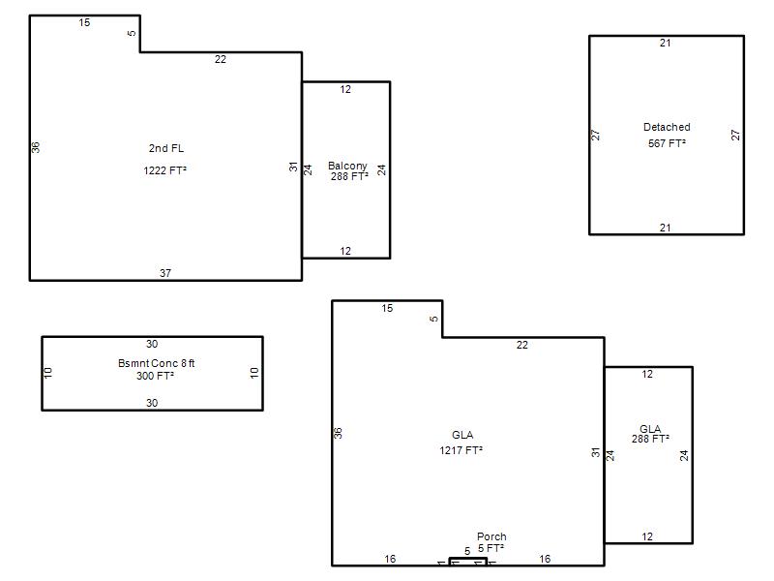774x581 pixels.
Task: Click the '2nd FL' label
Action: click(x=165, y=148)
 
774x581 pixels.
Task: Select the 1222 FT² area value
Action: click(x=164, y=170)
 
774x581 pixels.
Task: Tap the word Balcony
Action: click(x=347, y=166)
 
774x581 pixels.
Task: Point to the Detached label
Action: click(x=667, y=127)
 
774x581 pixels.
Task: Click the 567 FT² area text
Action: click(x=667, y=143)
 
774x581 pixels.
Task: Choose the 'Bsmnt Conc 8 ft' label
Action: click(x=156, y=363)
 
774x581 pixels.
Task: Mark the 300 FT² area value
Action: click(x=155, y=376)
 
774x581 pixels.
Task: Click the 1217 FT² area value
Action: click(x=461, y=450)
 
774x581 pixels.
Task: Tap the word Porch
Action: click(x=491, y=536)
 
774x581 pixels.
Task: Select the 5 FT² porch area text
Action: click(x=491, y=548)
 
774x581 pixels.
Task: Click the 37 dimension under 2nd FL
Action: click(x=165, y=273)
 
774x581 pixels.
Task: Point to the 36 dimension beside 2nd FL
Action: click(x=36, y=147)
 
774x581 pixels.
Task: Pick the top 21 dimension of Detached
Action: click(x=666, y=43)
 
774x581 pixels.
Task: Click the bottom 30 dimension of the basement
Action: click(x=152, y=403)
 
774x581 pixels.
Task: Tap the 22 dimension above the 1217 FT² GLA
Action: click(x=522, y=345)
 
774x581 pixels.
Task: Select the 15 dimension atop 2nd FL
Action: click(x=84, y=22)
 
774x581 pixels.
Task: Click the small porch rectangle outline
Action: click(x=468, y=559)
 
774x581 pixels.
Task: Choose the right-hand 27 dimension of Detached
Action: click(x=735, y=135)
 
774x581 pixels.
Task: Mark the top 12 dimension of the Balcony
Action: click(x=345, y=89)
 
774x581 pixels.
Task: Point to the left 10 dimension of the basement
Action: click(x=47, y=373)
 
